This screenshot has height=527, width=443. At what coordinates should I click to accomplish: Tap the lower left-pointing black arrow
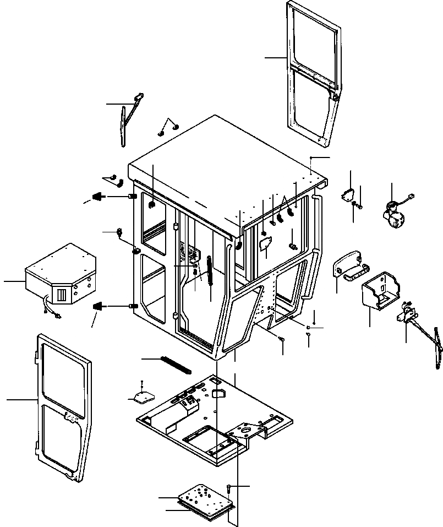click(x=99, y=306)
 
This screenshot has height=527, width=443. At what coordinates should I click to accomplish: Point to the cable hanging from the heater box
click(x=50, y=308)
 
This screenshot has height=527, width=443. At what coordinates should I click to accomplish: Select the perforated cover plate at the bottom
click(x=205, y=499)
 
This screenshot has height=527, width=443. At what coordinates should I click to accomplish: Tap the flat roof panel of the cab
click(x=226, y=165)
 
